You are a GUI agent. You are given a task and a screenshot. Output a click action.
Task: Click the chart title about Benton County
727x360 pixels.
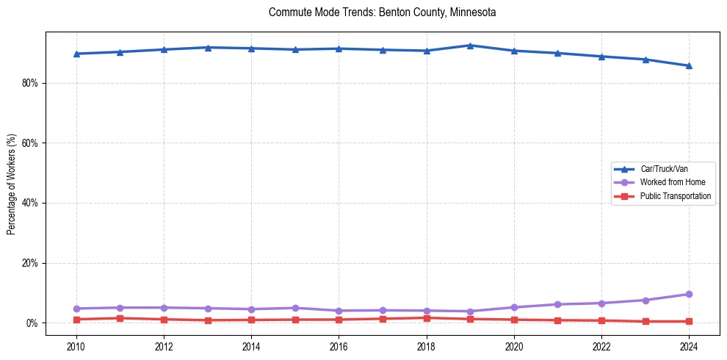pyautogui.click(x=382, y=12)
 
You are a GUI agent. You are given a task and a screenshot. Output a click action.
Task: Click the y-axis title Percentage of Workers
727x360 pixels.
pyautogui.click(x=11, y=184)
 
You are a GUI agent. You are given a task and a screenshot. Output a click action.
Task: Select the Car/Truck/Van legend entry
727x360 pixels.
pyautogui.click(x=664, y=168)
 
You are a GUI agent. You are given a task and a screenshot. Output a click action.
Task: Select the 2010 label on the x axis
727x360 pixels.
pyautogui.click(x=76, y=345)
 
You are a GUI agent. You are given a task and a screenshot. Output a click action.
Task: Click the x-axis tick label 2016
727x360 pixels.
pyautogui.click(x=339, y=345)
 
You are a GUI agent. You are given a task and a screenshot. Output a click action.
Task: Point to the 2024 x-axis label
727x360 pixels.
pyautogui.click(x=689, y=345)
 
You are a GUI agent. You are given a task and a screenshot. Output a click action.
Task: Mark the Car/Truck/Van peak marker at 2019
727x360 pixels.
pyautogui.click(x=470, y=46)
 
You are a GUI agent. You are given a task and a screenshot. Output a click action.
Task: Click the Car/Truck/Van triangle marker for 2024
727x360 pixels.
pyautogui.click(x=689, y=65)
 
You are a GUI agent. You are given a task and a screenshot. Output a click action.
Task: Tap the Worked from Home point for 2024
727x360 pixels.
pyautogui.click(x=689, y=294)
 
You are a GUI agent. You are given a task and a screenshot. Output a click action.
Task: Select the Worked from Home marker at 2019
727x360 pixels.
pyautogui.click(x=470, y=312)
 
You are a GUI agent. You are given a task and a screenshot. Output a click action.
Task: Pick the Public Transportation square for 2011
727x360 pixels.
pyautogui.click(x=120, y=318)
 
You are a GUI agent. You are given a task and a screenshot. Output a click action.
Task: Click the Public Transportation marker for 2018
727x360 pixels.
pyautogui.click(x=427, y=318)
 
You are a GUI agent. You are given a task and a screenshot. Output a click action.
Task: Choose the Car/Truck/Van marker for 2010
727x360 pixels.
pyautogui.click(x=76, y=54)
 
